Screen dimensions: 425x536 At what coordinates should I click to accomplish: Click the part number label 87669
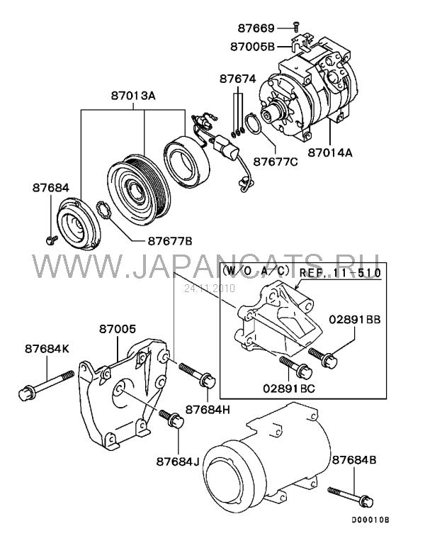[x=256, y=28]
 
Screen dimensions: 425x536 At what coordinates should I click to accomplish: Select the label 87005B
[x=252, y=47]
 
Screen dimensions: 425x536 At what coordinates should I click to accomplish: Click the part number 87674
[x=237, y=79]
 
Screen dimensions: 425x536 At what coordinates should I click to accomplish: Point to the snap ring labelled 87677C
[x=254, y=125]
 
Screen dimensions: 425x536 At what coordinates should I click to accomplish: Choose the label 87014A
[x=329, y=152]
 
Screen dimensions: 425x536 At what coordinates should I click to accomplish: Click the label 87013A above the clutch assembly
[x=133, y=96]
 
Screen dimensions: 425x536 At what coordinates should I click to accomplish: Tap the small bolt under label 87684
[x=52, y=240]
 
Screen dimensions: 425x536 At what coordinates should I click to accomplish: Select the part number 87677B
[x=170, y=241]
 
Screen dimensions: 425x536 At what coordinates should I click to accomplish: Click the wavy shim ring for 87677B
[x=105, y=211]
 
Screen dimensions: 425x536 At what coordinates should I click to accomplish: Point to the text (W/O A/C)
[x=256, y=270]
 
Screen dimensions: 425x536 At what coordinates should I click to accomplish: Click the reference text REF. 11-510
[x=340, y=273]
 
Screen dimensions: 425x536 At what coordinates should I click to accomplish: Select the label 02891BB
[x=355, y=320]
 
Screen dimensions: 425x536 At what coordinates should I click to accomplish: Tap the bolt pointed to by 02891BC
[x=295, y=367]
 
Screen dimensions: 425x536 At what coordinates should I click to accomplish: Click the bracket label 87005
[x=118, y=329]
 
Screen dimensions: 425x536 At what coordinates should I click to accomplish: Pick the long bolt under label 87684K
[x=46, y=385]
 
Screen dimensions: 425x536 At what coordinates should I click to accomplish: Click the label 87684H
[x=208, y=409]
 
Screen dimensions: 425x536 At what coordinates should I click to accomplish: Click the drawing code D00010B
[x=371, y=520]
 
